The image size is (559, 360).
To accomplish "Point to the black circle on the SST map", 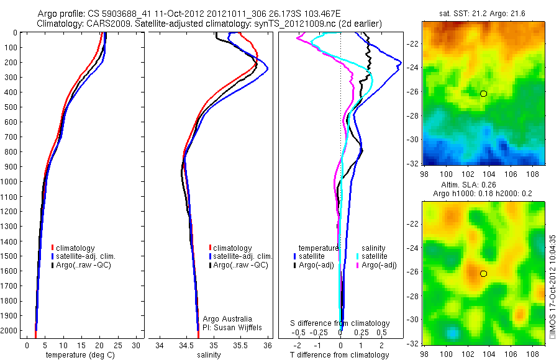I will [483, 93].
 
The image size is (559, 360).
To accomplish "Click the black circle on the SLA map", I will [483, 273].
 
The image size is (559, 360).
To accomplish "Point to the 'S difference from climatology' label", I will [340, 323].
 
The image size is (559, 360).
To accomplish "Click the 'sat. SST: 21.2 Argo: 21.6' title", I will [483, 12].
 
